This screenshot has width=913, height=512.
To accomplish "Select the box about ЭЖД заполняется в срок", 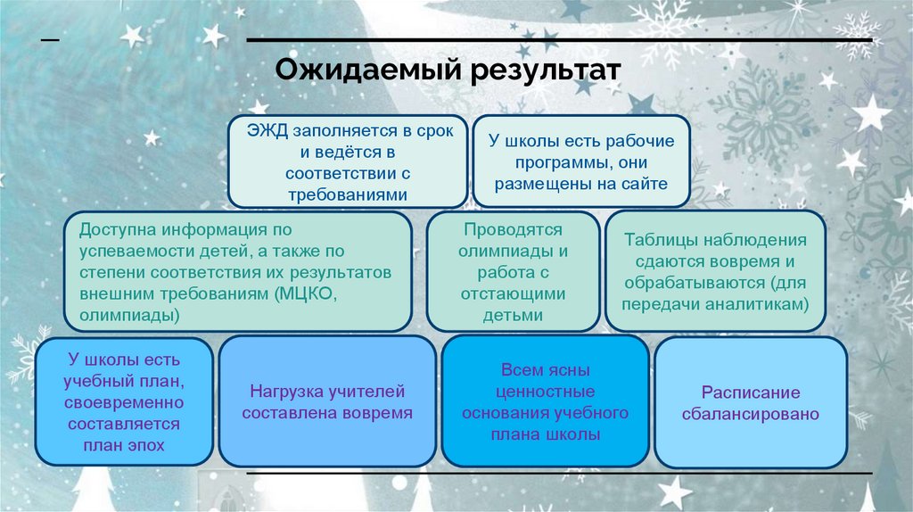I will click(x=348, y=161).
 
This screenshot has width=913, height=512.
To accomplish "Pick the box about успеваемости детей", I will click(x=237, y=271).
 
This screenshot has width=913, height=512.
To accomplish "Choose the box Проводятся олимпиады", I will click(x=513, y=271).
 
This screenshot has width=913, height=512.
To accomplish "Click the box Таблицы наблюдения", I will click(x=716, y=271).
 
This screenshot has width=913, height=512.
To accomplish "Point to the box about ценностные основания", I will click(x=545, y=402).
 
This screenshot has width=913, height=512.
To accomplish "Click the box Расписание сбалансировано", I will click(x=750, y=402).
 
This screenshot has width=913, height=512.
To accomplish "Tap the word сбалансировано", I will click(x=750, y=414).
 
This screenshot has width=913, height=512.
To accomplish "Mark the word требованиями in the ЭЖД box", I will click(x=348, y=194).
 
